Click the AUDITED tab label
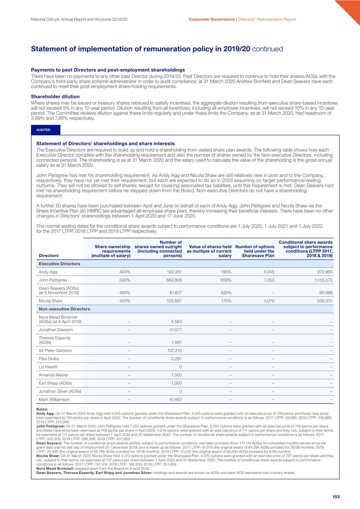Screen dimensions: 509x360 pos(43,130)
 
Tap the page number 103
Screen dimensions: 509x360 pos(336,497)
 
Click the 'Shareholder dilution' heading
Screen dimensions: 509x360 pos(55,97)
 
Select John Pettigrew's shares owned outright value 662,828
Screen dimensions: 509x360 pos(174,280)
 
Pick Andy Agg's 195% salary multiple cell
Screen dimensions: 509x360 pos(226,272)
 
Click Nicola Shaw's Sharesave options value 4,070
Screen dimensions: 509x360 pos(269,301)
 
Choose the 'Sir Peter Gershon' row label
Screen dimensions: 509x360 pos(56,351)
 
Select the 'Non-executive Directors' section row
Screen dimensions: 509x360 pos(65,309)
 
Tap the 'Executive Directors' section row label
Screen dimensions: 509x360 pos(59,264)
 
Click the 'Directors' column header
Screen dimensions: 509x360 pos(48,256)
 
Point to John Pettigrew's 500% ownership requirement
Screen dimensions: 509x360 pos(125,280)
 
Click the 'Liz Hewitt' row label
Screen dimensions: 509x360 pos(48,367)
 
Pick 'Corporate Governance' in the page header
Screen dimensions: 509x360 pos(212,19)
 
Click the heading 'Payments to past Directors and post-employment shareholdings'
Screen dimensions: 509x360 pos(108,70)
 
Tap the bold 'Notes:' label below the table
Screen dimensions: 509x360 pos(42,409)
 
